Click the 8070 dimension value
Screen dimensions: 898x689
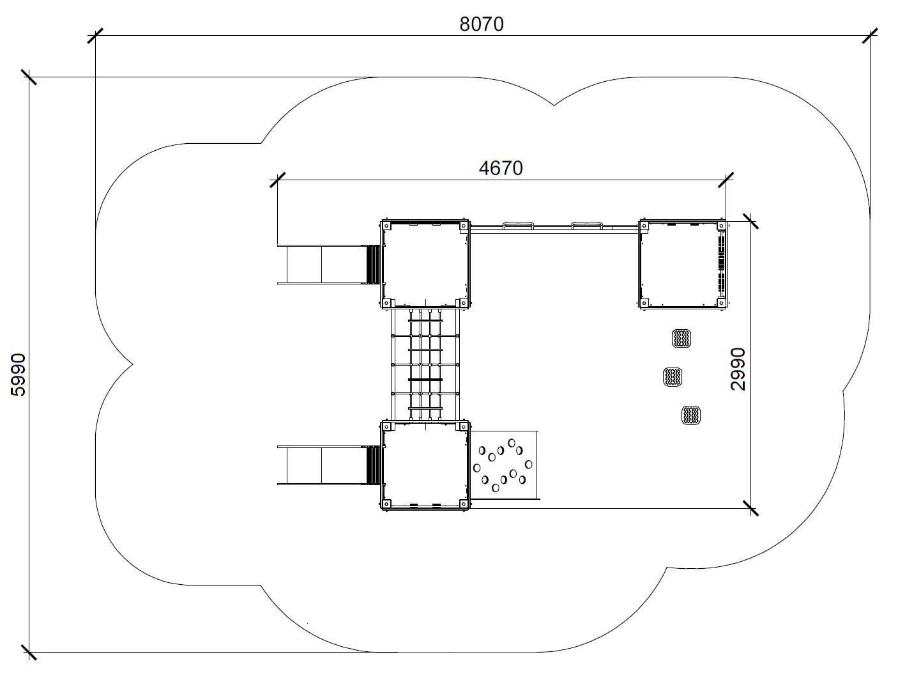[x=482, y=24]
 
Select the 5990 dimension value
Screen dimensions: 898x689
[x=19, y=375]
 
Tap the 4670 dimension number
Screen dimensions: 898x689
[x=501, y=168]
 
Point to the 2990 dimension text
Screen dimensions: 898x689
[x=738, y=369]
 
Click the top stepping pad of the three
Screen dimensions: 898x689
[x=681, y=338]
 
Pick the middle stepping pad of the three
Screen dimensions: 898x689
[x=673, y=376]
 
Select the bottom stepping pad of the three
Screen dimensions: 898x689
[x=691, y=415]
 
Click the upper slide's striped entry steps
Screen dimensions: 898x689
[x=373, y=264]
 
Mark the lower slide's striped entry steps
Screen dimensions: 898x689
[x=373, y=465]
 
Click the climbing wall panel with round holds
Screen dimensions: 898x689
[x=504, y=465]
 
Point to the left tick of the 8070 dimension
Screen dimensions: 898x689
[x=95, y=36]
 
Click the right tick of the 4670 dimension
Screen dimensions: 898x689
[x=726, y=180]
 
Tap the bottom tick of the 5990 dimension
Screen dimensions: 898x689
[x=29, y=652]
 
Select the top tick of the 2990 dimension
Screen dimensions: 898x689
[x=750, y=221]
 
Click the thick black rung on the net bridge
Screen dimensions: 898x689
[x=425, y=379]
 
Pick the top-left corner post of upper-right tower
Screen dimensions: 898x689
[x=644, y=226]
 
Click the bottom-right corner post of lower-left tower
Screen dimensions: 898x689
[x=464, y=504]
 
